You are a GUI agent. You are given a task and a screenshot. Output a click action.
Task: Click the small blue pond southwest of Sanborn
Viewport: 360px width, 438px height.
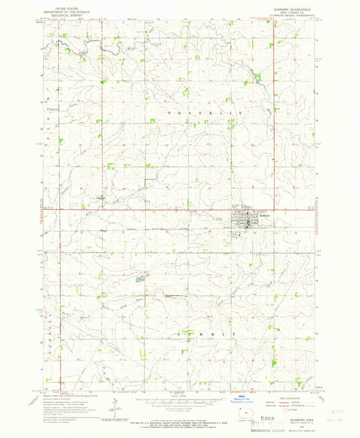pyautogui.click(x=138, y=278)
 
